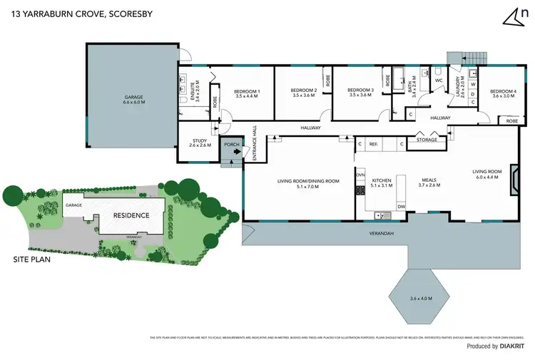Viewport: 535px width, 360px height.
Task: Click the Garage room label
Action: (x=133, y=100)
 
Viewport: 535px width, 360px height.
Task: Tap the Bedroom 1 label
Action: (x=248, y=93)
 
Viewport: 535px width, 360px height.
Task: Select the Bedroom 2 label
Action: (x=303, y=93)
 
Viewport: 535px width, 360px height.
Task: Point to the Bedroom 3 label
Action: (x=360, y=93)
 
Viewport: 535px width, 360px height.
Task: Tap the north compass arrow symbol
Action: (x=509, y=16)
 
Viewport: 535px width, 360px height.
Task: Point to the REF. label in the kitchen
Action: (x=373, y=144)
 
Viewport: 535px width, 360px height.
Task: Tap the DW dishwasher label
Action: (x=402, y=207)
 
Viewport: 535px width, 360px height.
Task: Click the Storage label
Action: (x=427, y=140)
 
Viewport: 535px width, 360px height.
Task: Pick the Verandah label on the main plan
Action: (x=382, y=233)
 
